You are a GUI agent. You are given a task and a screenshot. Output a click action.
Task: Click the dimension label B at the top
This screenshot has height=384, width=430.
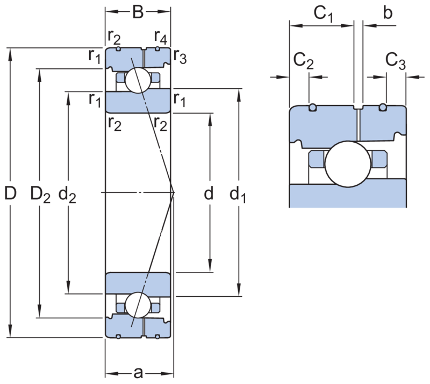(x=138, y=12)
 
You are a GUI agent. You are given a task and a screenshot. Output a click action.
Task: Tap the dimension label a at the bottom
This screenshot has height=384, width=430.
(x=138, y=373)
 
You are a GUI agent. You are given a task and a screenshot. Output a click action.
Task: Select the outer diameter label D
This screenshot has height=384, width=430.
(x=10, y=193)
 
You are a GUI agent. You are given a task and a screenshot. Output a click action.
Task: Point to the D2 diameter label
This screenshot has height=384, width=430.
(x=40, y=194)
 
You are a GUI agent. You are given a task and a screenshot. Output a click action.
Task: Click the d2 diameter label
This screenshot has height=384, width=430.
(x=67, y=194)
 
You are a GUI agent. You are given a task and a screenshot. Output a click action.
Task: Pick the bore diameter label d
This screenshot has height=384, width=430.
(x=209, y=193)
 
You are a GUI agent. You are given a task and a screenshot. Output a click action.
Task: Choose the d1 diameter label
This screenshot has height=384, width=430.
(x=238, y=194)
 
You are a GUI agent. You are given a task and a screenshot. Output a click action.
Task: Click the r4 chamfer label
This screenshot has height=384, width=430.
(x=161, y=37)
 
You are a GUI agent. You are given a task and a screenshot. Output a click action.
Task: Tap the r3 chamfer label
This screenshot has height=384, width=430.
(x=180, y=57)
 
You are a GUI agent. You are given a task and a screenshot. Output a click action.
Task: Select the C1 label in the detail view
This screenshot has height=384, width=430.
(x=324, y=15)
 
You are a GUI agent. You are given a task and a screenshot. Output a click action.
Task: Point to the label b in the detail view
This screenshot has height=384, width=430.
(x=388, y=12)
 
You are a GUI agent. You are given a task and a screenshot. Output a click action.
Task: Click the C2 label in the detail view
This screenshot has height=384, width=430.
(x=303, y=61)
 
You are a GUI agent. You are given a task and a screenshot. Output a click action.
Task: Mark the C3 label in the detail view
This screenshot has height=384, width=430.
(x=396, y=61)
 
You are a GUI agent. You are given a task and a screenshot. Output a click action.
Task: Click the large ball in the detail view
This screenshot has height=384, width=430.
(x=348, y=164)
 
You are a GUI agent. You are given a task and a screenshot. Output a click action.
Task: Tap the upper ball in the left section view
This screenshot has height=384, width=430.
(x=138, y=80)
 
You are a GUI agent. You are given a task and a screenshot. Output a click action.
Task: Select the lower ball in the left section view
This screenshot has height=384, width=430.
(x=138, y=305)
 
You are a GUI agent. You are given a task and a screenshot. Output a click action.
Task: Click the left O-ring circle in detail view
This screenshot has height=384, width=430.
(x=312, y=107)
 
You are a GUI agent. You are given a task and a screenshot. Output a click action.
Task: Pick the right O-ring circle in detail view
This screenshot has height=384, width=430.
(x=383, y=107)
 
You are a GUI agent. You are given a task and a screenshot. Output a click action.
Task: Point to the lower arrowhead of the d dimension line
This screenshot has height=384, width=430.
(x=210, y=266)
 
